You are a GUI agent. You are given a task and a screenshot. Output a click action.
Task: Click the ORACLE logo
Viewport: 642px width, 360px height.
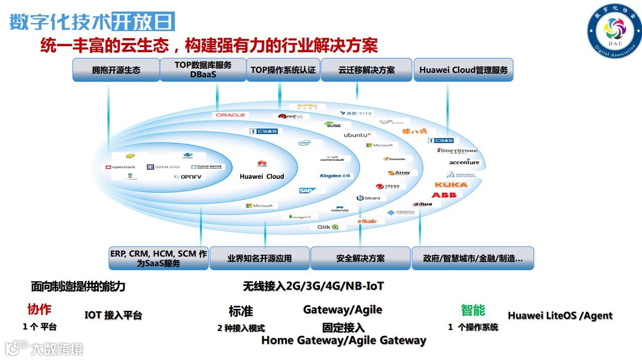coord(231,115)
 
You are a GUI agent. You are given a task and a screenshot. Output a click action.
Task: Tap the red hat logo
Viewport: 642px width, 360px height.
coord(291,116)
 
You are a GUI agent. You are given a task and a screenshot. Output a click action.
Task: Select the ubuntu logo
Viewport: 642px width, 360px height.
coord(357,135)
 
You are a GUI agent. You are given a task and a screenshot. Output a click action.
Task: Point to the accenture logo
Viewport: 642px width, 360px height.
coord(464,162)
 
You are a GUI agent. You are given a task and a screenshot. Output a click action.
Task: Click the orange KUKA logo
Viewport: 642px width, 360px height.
coord(451,185)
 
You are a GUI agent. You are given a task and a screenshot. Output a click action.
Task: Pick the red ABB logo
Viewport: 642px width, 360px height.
coord(444,195)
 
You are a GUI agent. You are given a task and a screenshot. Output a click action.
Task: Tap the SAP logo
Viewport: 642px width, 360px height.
coord(306,191)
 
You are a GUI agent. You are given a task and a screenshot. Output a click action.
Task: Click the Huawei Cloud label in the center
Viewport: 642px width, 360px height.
coord(262,176)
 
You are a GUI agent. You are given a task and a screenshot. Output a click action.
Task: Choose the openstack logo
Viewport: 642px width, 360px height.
coord(121,167)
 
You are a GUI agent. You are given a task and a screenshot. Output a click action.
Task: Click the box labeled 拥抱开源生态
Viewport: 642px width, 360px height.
coord(116,70)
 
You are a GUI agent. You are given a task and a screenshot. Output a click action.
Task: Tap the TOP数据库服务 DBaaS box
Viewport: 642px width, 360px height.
coord(203,70)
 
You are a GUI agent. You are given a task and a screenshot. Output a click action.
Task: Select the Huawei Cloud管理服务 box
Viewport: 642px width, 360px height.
coord(463,70)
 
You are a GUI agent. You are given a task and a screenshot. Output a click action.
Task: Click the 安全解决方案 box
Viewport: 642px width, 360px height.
coord(360,258)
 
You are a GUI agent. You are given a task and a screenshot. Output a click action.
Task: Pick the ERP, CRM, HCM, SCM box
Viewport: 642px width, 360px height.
coord(158,258)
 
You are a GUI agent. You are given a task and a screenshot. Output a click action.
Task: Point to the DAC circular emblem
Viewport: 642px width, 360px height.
coord(615,30)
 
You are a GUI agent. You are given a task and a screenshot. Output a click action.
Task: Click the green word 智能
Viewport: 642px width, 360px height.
coord(473,310)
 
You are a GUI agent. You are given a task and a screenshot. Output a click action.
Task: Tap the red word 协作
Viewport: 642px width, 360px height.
coord(39,309)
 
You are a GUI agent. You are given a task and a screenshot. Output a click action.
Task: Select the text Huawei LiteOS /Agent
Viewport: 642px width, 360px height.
coord(560,316)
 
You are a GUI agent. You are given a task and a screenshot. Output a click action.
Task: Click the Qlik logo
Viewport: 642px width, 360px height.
coord(328,227)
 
